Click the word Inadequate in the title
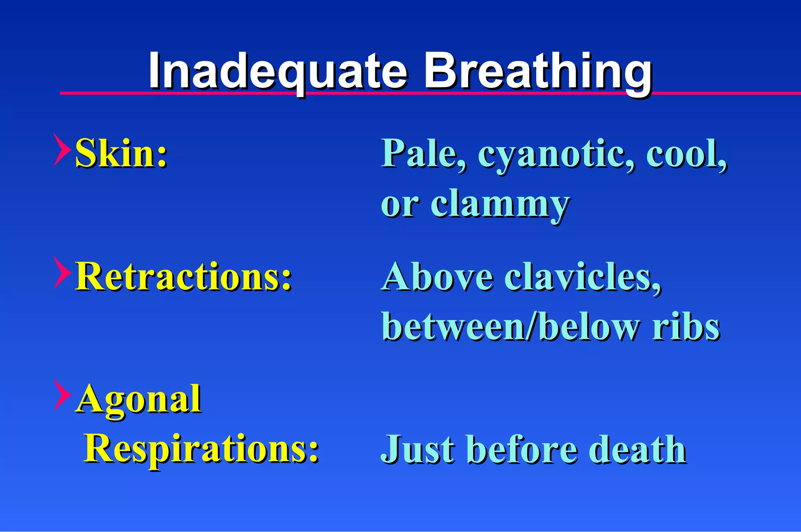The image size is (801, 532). [x=278, y=72]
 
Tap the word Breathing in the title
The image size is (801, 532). [x=538, y=72]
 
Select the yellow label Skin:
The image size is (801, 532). [x=121, y=153]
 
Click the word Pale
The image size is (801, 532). [x=424, y=153]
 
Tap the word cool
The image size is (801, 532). [x=686, y=153]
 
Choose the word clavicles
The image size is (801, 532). [x=583, y=277]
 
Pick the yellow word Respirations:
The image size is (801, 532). [x=202, y=449]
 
